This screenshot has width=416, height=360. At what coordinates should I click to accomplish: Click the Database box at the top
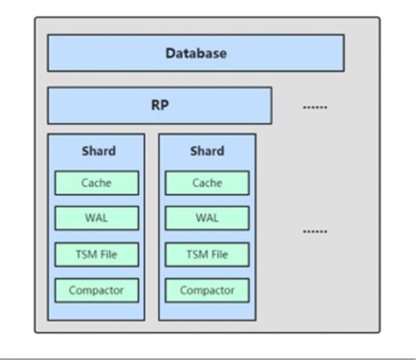click(x=196, y=53)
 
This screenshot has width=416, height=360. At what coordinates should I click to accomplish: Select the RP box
click(x=159, y=105)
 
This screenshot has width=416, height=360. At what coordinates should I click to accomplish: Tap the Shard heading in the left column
click(x=98, y=151)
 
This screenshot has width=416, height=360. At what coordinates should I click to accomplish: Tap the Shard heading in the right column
click(x=207, y=151)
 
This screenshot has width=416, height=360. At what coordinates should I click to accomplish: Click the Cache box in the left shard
click(x=96, y=183)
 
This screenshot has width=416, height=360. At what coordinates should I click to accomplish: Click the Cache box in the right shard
click(x=207, y=183)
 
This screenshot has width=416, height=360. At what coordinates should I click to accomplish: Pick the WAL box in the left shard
click(x=96, y=218)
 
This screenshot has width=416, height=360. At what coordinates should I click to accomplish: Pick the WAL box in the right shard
click(x=207, y=218)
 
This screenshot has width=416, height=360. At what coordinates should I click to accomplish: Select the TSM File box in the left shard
click(x=96, y=255)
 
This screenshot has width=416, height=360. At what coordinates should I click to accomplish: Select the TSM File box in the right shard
click(x=207, y=255)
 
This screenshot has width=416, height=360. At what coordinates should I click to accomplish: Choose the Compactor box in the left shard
click(x=96, y=290)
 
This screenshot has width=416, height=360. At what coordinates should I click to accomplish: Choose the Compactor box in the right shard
click(x=207, y=290)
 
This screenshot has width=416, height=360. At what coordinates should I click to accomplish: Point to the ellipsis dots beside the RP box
click(x=315, y=107)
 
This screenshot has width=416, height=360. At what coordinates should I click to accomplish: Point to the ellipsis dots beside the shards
click(x=315, y=231)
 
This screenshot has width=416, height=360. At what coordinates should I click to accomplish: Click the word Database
click(x=196, y=53)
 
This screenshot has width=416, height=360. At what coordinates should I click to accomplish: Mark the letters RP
click(x=159, y=105)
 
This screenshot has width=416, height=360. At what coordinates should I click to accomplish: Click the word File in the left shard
click(x=107, y=255)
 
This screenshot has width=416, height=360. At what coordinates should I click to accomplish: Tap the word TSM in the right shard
click(x=197, y=255)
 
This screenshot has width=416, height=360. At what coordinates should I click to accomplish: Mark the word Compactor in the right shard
click(x=207, y=290)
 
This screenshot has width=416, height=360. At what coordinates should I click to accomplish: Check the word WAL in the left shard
click(x=96, y=218)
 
